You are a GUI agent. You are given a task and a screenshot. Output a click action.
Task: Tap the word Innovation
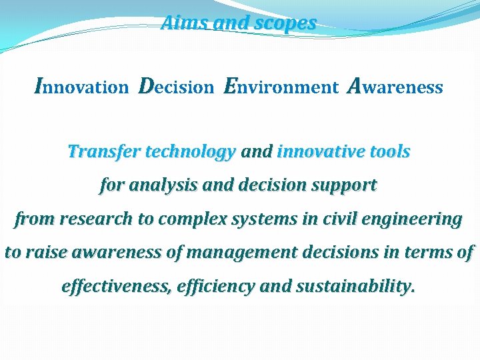tap(81, 87)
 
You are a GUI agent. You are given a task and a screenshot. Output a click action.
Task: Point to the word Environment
tap(281, 87)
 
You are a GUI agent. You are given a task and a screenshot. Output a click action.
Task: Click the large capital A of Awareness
tap(355, 86)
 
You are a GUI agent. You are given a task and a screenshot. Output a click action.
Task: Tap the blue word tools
tap(391, 152)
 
